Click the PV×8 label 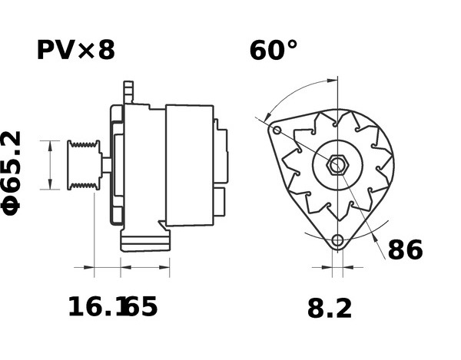(76, 50)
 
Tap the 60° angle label (274, 50)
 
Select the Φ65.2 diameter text (12, 173)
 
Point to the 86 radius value (405, 250)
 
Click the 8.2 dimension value (330, 309)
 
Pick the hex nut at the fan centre (337, 165)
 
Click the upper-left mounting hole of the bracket (277, 130)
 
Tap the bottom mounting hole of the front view (338, 241)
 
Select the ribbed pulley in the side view (84, 165)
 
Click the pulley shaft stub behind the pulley (107, 165)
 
